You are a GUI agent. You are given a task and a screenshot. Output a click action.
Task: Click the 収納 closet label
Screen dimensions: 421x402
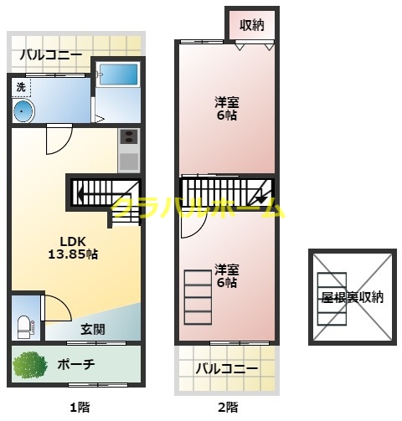[x=251, y=25]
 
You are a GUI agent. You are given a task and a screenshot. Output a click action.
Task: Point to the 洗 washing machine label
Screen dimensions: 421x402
[x=21, y=86]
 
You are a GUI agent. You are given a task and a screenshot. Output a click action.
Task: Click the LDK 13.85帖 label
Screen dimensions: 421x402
[x=73, y=247]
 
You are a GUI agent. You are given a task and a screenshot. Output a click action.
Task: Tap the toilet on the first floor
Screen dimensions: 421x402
[x=24, y=323]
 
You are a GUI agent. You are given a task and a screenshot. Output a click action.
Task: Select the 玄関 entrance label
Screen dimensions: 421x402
[x=92, y=329]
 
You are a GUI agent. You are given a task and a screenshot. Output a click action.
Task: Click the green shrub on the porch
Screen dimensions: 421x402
[x=31, y=365]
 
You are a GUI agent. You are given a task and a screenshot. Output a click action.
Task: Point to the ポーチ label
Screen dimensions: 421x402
[x=77, y=365]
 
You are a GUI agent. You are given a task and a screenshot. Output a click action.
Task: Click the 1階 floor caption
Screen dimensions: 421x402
[x=78, y=408]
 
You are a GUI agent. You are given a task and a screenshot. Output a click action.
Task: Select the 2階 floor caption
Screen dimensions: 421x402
[x=226, y=408]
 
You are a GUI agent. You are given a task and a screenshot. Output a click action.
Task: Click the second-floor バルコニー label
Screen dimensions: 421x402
[x=226, y=368]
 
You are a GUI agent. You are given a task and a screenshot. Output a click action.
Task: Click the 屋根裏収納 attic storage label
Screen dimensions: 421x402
[x=352, y=297]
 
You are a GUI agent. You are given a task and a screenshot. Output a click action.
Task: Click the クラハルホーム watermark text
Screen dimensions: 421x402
[x=198, y=209]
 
